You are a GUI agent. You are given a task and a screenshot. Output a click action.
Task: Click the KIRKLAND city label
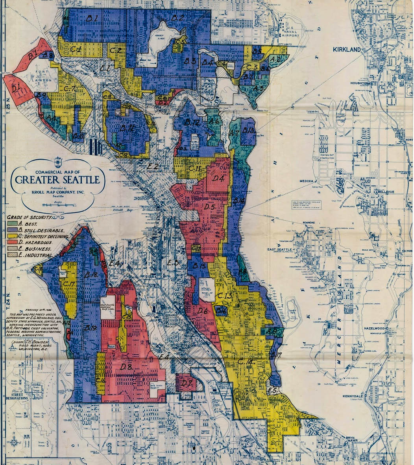(x=347, y=50)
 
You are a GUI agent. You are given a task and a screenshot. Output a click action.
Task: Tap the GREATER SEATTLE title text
(x=57, y=180)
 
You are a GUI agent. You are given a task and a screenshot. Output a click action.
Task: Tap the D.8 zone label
(x=126, y=367)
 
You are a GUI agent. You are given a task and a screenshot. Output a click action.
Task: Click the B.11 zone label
(x=128, y=128)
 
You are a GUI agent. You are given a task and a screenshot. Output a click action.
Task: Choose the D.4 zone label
(x=218, y=179)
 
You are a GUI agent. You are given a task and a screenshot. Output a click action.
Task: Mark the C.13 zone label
(x=225, y=295)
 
